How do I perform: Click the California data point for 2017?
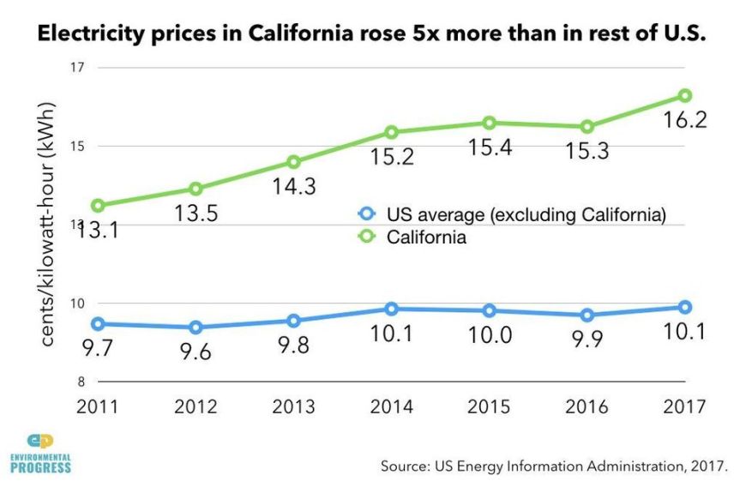click(684, 95)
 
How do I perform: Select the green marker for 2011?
click(99, 206)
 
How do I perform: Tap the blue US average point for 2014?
click(391, 309)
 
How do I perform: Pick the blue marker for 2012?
click(196, 327)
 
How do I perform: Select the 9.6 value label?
click(196, 352)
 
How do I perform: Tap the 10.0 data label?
click(490, 335)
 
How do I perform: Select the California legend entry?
click(415, 237)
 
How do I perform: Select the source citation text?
click(554, 466)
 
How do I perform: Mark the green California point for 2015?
click(489, 123)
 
